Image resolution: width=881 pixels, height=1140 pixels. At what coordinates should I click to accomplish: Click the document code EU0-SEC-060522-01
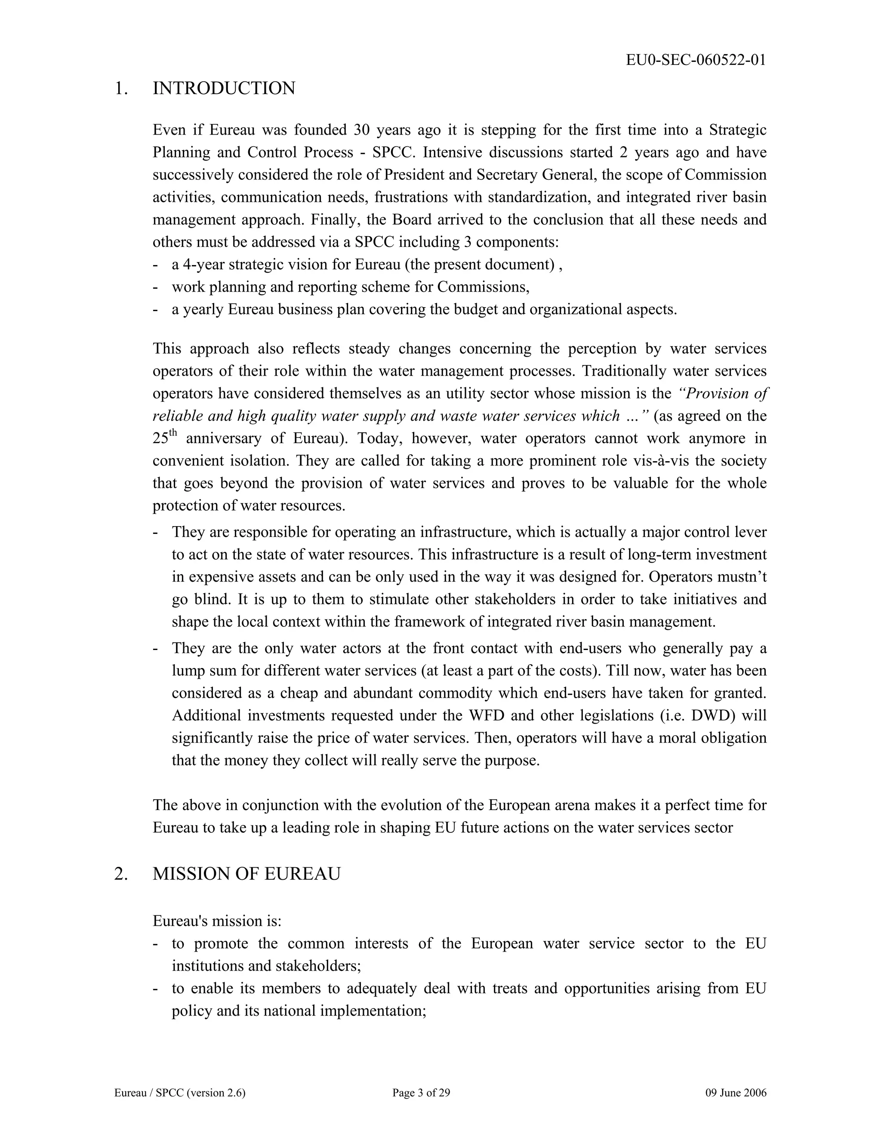[x=696, y=60]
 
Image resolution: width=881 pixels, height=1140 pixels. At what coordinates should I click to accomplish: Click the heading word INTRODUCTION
[x=224, y=88]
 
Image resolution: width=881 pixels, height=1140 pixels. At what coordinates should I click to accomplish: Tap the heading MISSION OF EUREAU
[x=246, y=873]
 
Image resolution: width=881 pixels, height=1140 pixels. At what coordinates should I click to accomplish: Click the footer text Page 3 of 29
[x=421, y=1093]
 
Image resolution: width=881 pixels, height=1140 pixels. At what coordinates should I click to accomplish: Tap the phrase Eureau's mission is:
[x=217, y=921]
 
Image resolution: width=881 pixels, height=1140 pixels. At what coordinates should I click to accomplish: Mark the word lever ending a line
[x=753, y=532]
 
